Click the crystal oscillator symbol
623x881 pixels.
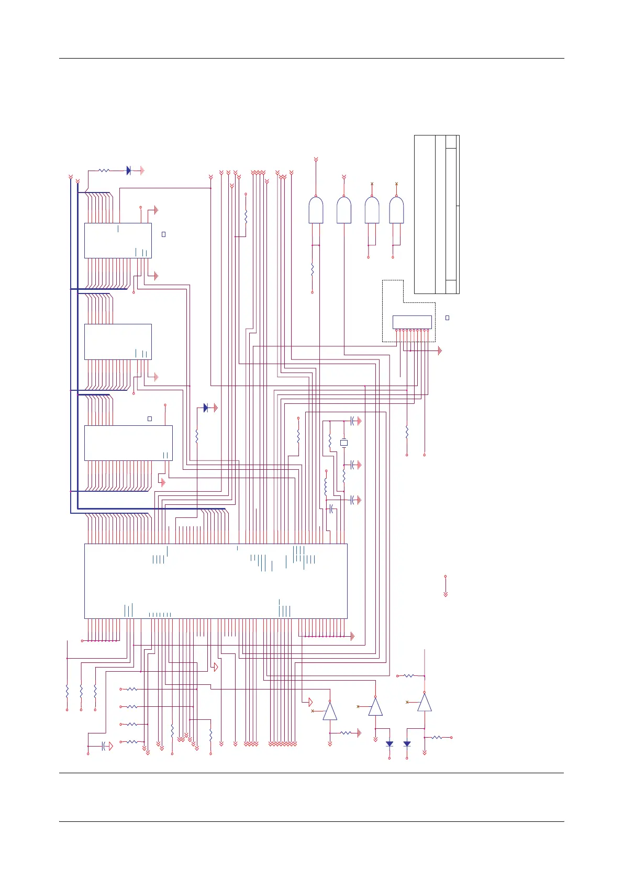click(344, 443)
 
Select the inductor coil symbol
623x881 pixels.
click(326, 487)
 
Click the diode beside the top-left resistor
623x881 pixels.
click(128, 171)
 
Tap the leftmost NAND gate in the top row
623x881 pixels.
click(316, 210)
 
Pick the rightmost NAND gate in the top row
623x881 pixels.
click(396, 210)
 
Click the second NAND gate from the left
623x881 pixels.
click(344, 210)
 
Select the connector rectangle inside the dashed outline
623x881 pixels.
click(412, 322)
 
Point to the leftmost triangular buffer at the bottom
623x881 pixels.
click(330, 711)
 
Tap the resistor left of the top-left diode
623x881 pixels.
click(104, 171)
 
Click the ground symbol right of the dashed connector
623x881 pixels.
click(439, 351)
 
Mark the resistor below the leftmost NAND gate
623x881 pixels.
click(313, 270)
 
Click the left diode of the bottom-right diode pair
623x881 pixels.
click(390, 743)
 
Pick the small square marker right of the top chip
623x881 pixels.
click(163, 234)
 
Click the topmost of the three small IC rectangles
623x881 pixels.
click(118, 241)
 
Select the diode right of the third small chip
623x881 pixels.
click(206, 408)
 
